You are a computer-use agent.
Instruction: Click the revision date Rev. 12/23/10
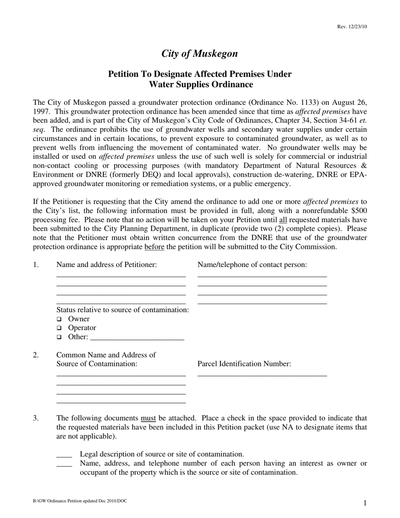coord(352,27)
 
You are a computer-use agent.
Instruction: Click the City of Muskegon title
coord(200,53)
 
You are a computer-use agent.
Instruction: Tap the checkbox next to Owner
coord(59,319)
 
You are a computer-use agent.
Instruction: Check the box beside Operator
coord(59,328)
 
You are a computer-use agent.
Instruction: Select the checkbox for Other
coord(59,337)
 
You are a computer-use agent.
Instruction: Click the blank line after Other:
coord(137,338)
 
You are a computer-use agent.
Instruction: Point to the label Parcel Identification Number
coord(244,364)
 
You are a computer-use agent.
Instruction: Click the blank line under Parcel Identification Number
coord(262,374)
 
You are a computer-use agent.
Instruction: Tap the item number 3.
coord(36,418)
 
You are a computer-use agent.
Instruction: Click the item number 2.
coord(36,355)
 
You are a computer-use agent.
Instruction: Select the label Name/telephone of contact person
coord(252,264)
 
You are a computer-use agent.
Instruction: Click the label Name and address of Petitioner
coord(107,264)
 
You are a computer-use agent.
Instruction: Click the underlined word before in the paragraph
coord(154,247)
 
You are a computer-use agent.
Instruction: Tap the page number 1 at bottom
coord(365,503)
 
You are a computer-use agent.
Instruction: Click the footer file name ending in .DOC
coord(80,501)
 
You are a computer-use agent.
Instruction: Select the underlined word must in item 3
coord(148,418)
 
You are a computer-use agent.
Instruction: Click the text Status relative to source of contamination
coord(123,310)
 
